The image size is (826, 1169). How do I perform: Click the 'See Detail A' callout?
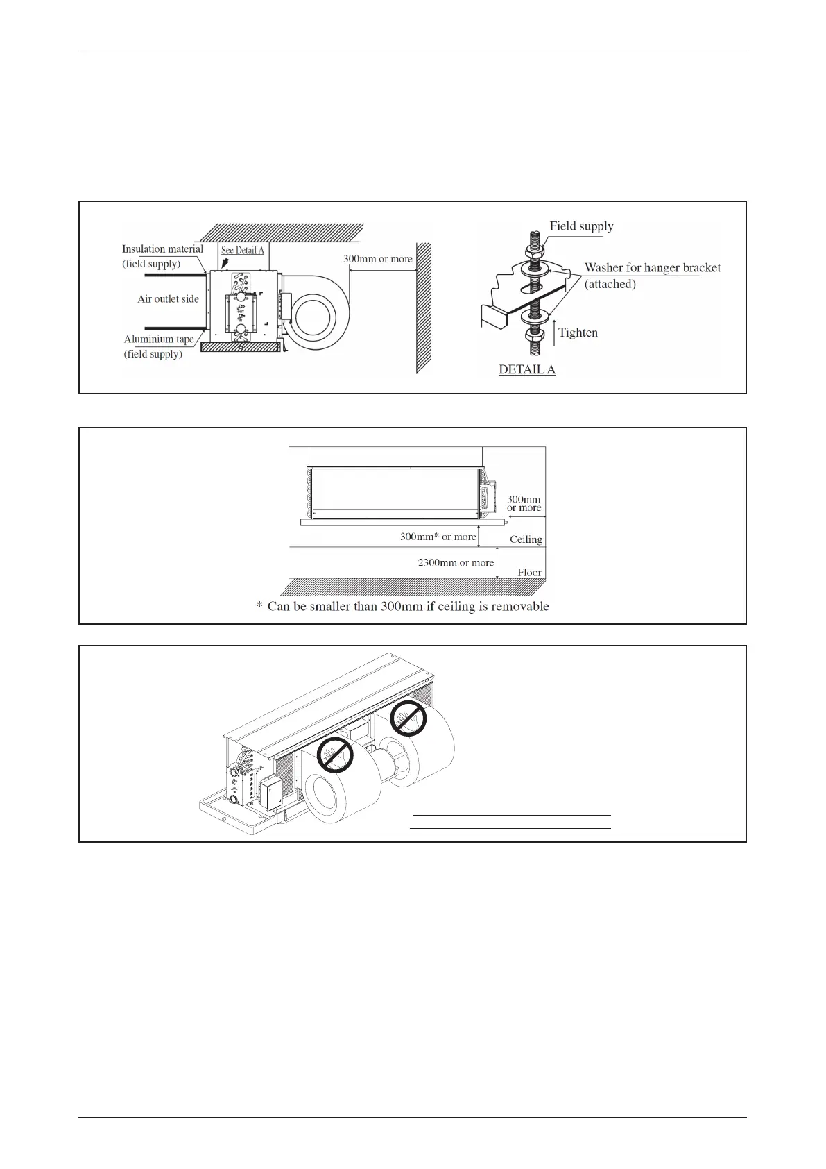242,250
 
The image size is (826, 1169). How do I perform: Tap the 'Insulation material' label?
162,249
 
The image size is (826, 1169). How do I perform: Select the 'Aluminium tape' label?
159,339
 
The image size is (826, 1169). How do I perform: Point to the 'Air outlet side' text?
168,299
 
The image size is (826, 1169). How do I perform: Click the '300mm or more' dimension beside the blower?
378,259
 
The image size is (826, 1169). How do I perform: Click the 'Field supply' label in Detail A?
581,226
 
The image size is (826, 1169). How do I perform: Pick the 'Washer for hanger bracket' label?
652,268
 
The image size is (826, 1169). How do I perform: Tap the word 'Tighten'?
578,333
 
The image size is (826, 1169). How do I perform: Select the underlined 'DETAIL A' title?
527,370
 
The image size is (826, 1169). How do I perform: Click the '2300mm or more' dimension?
456,563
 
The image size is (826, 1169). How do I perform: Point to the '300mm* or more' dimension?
438,537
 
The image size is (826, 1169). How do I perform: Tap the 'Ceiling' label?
526,539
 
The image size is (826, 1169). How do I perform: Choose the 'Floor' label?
529,573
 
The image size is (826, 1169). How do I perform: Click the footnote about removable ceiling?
403,607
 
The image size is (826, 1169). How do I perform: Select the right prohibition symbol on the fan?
407,717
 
